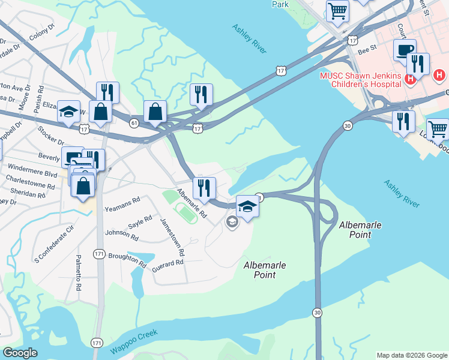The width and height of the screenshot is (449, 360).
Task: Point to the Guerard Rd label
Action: [167, 263]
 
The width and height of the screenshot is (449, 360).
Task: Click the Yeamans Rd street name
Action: [122, 205]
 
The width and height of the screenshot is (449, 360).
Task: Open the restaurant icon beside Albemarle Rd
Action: [204, 187]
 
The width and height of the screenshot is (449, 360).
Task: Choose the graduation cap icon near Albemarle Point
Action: [247, 206]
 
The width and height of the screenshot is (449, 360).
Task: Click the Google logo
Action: [20, 353]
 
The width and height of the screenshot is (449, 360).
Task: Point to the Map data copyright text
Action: [412, 355]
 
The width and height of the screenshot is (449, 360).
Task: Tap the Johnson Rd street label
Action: [117, 233]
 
